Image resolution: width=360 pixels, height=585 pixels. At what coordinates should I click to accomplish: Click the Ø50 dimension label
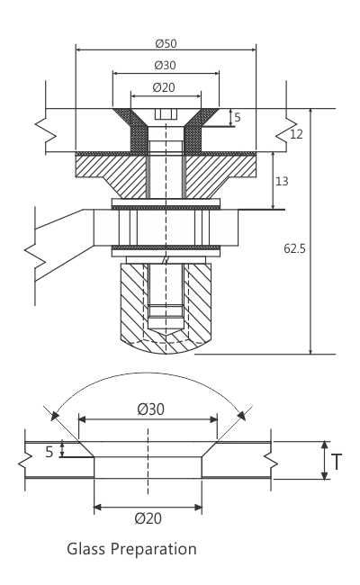coord(165,42)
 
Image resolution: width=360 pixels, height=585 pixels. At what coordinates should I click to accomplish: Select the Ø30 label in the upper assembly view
coord(165,65)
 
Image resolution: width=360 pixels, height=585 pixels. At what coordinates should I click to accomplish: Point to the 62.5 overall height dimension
coord(294,248)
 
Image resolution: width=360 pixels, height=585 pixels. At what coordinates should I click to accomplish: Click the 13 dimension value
coord(282,181)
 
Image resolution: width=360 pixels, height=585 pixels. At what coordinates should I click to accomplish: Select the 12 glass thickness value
coord(297,134)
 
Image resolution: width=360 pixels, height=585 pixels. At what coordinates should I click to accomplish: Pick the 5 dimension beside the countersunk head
coord(237,117)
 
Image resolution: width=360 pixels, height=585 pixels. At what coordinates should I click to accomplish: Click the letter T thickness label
coord(337,462)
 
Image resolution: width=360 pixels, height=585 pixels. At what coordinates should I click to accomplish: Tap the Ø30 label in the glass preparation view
coord(150,409)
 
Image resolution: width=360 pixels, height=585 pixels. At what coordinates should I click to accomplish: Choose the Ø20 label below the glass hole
coord(148,518)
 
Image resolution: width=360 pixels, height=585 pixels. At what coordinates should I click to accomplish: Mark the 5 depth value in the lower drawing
coord(49,452)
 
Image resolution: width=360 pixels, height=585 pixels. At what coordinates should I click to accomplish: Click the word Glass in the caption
coord(86,548)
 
